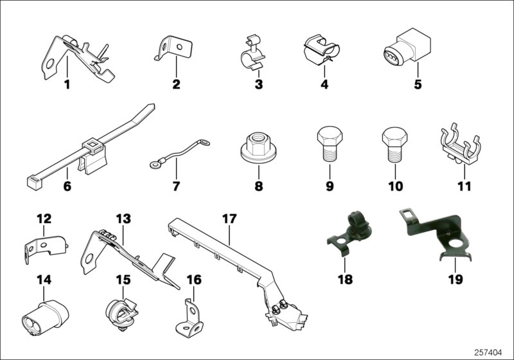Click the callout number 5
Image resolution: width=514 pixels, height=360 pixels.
(x=418, y=85)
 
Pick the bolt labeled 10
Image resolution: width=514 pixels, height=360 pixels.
(x=393, y=145)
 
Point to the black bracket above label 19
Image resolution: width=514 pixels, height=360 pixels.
(x=437, y=233)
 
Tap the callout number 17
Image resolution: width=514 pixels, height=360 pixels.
(x=229, y=219)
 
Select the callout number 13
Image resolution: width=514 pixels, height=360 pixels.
(x=123, y=219)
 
